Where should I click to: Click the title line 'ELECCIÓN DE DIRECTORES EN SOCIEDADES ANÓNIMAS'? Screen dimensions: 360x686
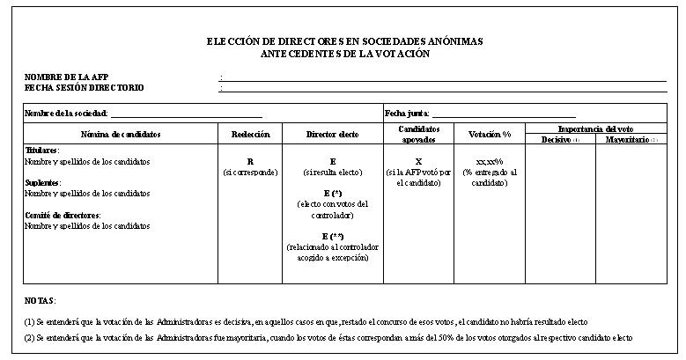344,42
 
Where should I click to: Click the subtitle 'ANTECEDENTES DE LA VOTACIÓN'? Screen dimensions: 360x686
344,54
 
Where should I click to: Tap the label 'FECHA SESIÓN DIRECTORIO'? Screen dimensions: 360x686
84,88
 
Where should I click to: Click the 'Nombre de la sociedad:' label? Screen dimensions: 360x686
66,114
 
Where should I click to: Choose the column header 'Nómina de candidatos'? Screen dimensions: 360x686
121,134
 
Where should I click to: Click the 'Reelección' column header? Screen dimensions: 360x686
250,134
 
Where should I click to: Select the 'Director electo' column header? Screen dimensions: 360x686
332,134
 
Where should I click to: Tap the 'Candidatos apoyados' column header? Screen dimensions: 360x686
418,134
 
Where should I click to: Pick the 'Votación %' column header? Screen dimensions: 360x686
490,134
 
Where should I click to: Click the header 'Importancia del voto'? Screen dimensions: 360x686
595,129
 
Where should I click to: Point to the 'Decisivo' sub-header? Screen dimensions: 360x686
557,140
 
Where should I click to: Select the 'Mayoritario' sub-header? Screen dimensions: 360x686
626,140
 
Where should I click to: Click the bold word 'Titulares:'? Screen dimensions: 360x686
41,151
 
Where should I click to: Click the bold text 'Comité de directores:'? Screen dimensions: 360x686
63,215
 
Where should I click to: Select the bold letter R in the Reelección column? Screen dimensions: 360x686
250,162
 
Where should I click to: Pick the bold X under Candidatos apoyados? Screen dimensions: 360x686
418,162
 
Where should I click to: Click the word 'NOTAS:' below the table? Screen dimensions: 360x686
40,300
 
